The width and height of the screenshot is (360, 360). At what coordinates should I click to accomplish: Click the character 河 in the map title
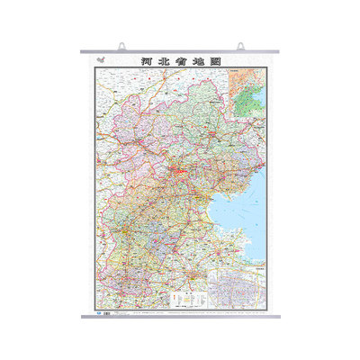coord(148,62)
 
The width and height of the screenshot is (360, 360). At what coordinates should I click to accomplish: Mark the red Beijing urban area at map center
coord(181,170)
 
